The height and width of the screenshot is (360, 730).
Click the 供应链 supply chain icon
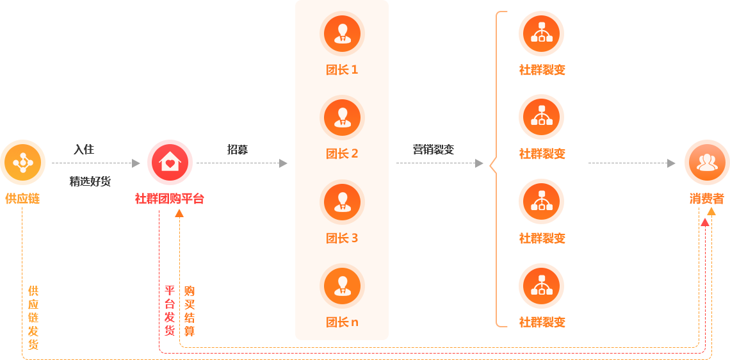click(23, 162)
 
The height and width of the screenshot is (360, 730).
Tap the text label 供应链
click(22, 199)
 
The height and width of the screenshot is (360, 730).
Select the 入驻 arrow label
click(84, 149)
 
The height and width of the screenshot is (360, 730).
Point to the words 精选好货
click(90, 181)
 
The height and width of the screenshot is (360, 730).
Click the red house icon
click(170, 162)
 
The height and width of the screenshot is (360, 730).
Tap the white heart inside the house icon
click(170, 163)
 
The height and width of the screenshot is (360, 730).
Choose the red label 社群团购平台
click(170, 199)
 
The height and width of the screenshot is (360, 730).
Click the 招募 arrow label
click(238, 149)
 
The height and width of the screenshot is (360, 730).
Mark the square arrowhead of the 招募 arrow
click(283, 163)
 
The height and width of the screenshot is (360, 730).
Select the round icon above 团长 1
click(342, 33)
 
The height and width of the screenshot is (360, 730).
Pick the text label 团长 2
click(342, 154)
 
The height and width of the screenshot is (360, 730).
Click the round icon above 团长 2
click(342, 117)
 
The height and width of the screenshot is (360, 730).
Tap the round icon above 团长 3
click(342, 202)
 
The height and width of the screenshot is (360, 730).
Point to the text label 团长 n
click(342, 322)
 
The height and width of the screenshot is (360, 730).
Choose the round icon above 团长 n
click(342, 286)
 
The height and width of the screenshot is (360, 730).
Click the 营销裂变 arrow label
click(434, 149)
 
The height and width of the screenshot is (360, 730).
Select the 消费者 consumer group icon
click(707, 162)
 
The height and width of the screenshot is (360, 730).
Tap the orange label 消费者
click(707, 199)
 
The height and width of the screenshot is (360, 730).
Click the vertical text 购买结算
click(189, 311)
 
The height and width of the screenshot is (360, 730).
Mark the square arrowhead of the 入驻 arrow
click(136, 163)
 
